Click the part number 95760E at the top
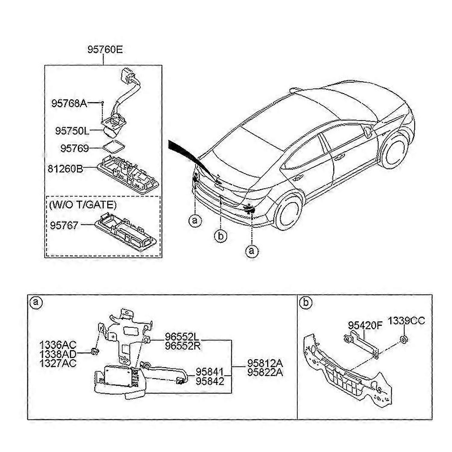coord(105,49)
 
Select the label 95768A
coord(69,103)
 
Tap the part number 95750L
coord(72,131)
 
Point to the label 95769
coord(74,148)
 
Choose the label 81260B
coord(65,168)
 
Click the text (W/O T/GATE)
coord(83,205)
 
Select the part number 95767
coord(64,225)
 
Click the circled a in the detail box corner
coord(36,302)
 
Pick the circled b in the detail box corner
coord(306,302)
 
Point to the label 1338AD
coord(58,354)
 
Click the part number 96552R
coord(183,346)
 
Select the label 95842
coord(210,381)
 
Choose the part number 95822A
coord(265,372)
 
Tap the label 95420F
coord(365,325)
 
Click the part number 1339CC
coord(406,321)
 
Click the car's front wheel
coord(394,150)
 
